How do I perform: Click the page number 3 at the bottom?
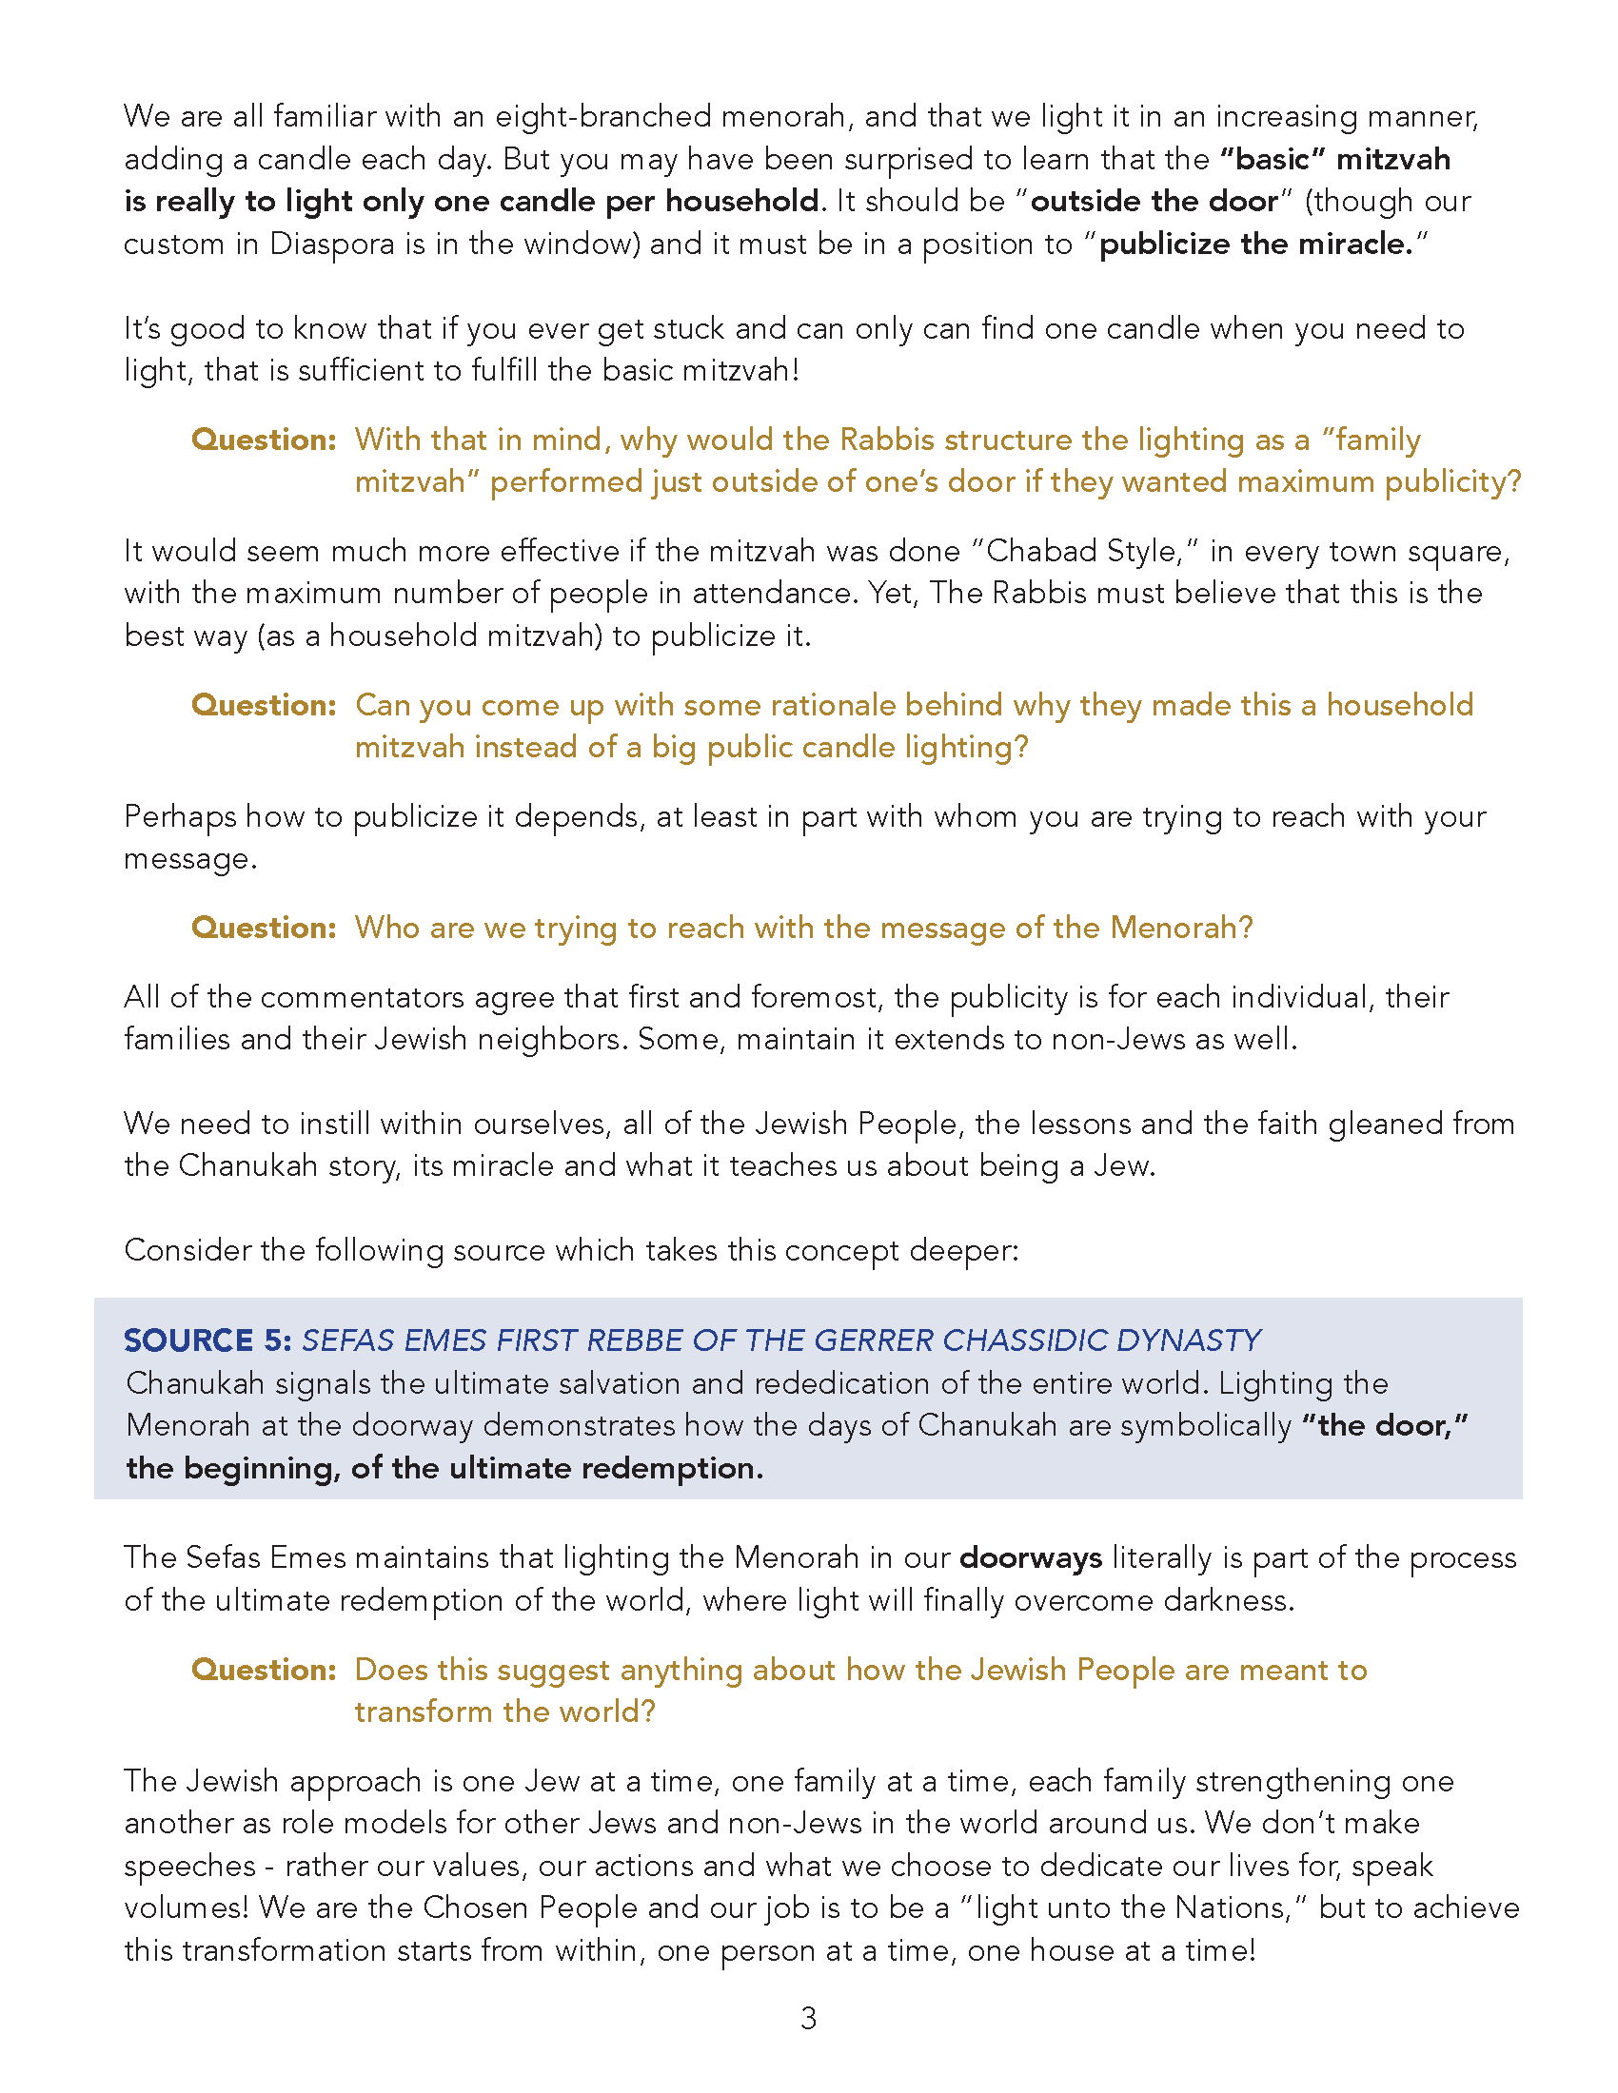click(808, 2018)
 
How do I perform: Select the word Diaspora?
click(331, 244)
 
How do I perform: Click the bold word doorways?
click(1031, 1558)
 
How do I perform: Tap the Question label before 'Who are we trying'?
click(264, 928)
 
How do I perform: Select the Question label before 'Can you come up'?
click(264, 705)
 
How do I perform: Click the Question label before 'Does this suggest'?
click(264, 1670)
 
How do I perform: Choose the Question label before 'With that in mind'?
click(264, 440)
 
